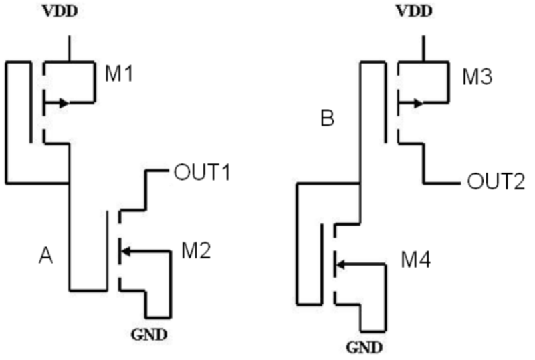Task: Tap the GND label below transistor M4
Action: click(x=365, y=348)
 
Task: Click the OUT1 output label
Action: click(x=202, y=173)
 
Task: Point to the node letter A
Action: click(x=45, y=255)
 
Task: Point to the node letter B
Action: click(x=328, y=120)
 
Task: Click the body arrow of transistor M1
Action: click(x=62, y=103)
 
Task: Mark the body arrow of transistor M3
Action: click(x=416, y=103)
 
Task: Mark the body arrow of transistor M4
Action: click(x=340, y=264)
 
